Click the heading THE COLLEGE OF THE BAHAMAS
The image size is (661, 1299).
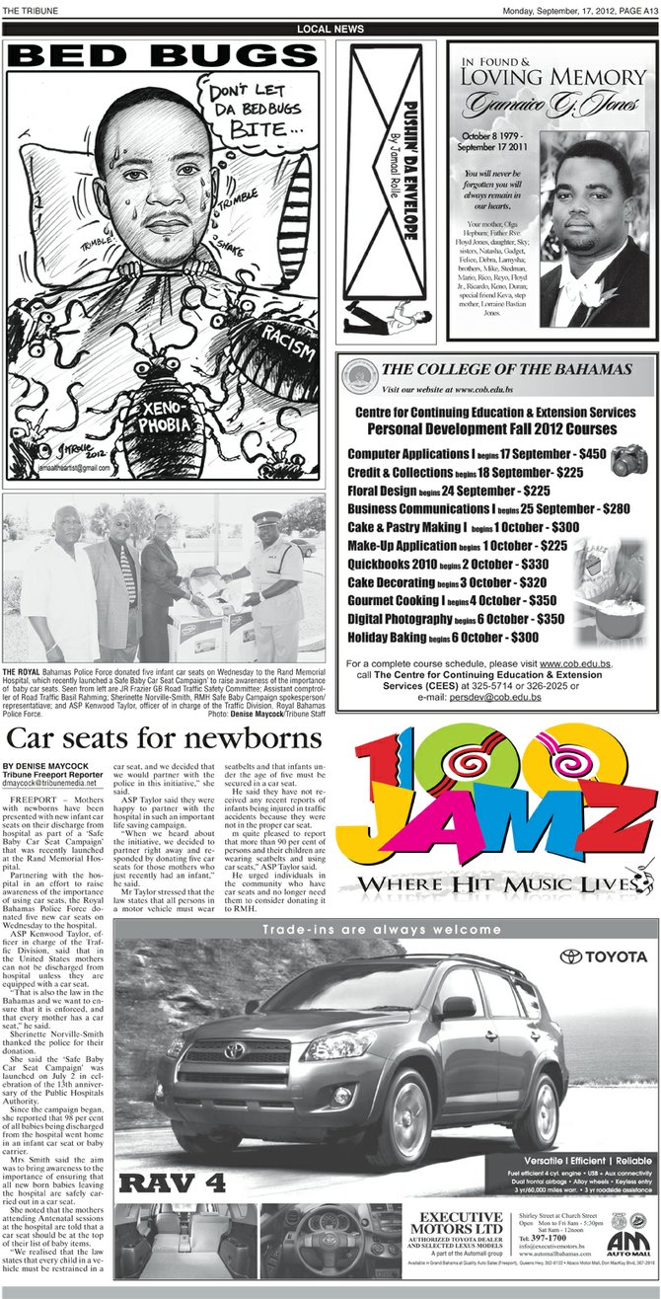(506, 369)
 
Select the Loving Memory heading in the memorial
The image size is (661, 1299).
(556, 76)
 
